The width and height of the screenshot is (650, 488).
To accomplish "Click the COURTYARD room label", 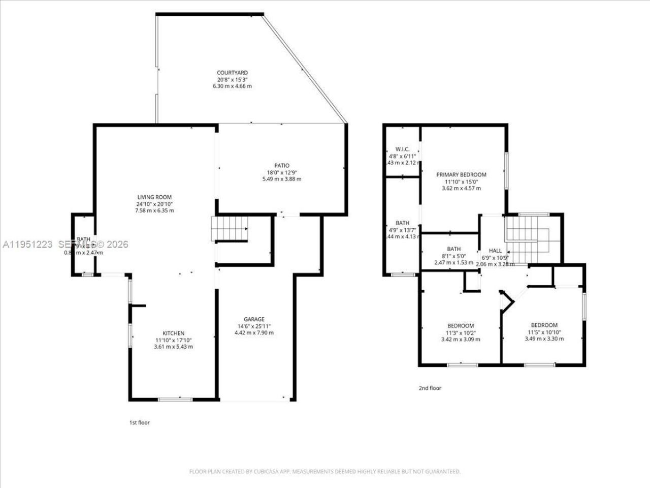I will [x=232, y=73].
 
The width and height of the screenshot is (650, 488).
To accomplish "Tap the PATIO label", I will [x=282, y=165].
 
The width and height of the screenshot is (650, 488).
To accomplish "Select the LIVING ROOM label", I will [x=154, y=197].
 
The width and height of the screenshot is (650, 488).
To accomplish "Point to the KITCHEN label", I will [x=173, y=333].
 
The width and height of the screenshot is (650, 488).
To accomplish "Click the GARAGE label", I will [x=254, y=319].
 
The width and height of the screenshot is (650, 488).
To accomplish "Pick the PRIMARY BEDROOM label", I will [x=461, y=174].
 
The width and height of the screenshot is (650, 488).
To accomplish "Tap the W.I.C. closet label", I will [x=402, y=149].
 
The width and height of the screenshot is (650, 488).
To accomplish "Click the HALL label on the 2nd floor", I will [x=495, y=251].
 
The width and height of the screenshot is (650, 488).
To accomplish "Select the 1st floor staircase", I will [x=230, y=229].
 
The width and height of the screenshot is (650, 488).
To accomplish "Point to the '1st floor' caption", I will [x=139, y=422].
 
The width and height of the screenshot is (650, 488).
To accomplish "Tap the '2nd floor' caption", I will [x=430, y=388].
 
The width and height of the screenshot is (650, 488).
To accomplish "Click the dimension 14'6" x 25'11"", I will [x=254, y=326].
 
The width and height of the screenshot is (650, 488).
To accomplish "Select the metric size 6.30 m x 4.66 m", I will [x=232, y=86].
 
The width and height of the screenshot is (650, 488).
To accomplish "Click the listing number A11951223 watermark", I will [x=27, y=245].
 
